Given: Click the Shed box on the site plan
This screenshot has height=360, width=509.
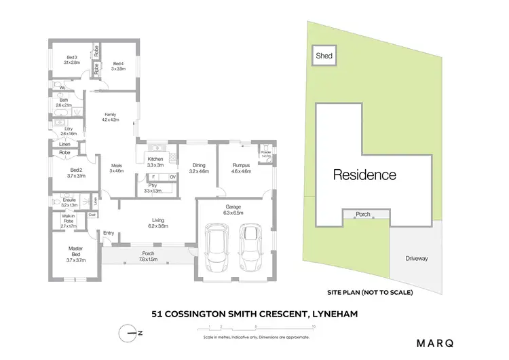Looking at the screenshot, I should (x=324, y=56).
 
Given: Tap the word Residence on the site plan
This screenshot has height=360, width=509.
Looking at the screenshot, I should (x=364, y=175).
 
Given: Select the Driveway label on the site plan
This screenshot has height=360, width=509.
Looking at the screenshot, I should (x=417, y=259).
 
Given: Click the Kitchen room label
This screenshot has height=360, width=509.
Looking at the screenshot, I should (x=156, y=160).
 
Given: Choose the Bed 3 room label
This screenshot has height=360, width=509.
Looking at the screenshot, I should (x=73, y=58).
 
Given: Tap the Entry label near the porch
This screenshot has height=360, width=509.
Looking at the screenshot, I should (x=109, y=233).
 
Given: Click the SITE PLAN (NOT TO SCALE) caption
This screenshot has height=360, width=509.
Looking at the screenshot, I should (x=369, y=291).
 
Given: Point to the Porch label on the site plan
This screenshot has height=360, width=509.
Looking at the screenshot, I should (x=363, y=215).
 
